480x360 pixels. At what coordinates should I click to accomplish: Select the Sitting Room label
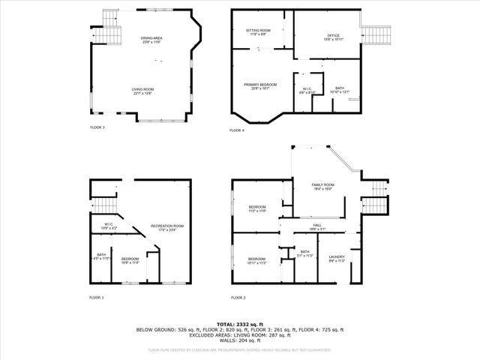[x=259, y=31]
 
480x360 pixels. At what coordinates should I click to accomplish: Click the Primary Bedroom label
[x=260, y=86]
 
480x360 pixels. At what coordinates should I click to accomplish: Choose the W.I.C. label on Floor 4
[x=307, y=90]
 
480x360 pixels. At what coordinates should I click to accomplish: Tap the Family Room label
[x=323, y=186]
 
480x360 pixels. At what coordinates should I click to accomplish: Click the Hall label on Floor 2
[x=318, y=226]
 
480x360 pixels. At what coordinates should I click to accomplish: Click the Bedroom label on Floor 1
[x=130, y=260]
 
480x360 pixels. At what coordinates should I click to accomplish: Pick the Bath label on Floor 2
[x=304, y=253]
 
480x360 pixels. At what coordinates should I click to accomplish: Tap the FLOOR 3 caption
[x=97, y=128]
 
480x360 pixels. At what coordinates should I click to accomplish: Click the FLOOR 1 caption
[x=97, y=298]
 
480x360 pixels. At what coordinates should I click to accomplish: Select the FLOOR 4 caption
[x=237, y=130]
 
